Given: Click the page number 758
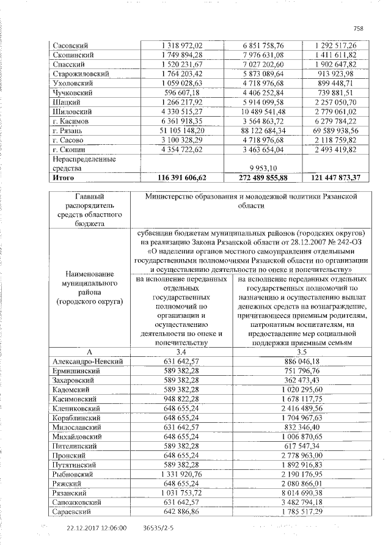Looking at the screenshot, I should [359, 28].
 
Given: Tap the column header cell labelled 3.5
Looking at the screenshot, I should [298, 352].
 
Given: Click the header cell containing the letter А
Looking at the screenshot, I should [89, 352].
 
